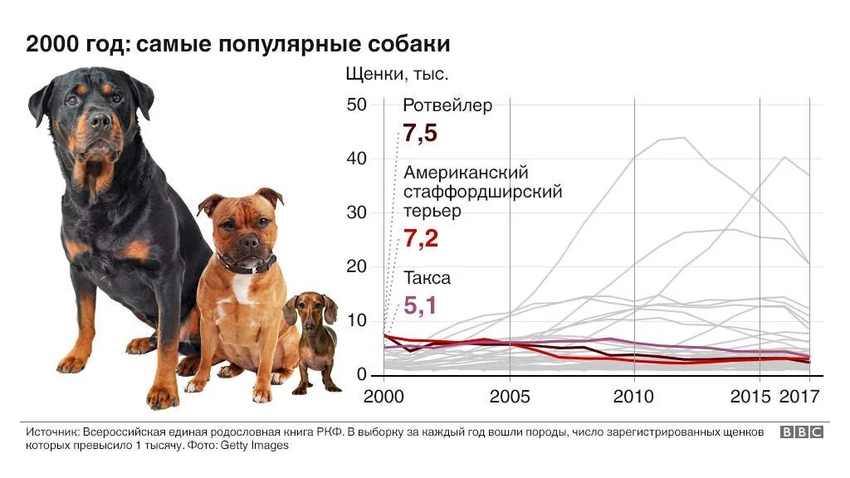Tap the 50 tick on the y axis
(x=357, y=105)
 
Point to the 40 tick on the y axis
(x=357, y=159)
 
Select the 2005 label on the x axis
(x=510, y=396)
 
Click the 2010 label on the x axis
(x=634, y=396)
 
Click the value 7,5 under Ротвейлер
(x=420, y=134)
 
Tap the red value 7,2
(x=420, y=239)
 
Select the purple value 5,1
(x=420, y=305)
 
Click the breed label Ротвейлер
(x=447, y=105)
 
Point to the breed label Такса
(x=427, y=278)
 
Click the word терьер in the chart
(x=432, y=211)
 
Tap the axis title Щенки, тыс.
(x=397, y=75)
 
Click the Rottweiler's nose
(x=98, y=119)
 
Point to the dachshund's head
(x=311, y=309)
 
